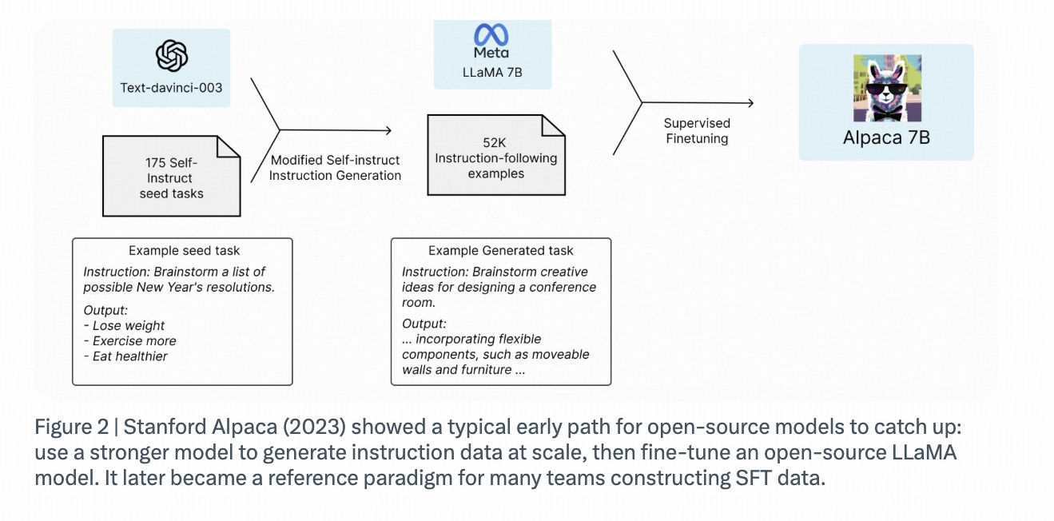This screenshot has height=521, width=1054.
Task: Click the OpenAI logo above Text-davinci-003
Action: tap(172, 55)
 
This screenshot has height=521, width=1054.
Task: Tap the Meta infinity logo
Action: tap(491, 34)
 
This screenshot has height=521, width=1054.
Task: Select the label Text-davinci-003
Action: tap(171, 88)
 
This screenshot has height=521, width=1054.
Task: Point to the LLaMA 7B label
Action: tap(492, 73)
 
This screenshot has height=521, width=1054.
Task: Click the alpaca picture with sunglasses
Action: tap(888, 89)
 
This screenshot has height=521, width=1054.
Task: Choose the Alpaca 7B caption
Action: tap(886, 137)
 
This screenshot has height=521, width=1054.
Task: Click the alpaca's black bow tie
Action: tap(886, 113)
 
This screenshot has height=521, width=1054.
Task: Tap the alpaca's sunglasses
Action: tap(886, 89)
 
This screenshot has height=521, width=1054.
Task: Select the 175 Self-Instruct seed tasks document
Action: tap(172, 177)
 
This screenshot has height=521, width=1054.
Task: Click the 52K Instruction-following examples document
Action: tap(496, 155)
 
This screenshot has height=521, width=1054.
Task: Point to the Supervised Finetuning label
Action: tap(697, 131)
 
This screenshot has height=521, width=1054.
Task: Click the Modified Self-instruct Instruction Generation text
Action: tap(335, 168)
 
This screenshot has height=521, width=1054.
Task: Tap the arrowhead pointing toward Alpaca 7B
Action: tap(751, 102)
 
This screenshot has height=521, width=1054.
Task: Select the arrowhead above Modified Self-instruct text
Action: tap(389, 130)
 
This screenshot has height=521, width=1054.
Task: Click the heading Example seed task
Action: tap(184, 250)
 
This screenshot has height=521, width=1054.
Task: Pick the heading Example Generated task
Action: tap(501, 250)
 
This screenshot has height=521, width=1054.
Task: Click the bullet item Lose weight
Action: tap(124, 326)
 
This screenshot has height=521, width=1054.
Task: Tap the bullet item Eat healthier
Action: tap(125, 356)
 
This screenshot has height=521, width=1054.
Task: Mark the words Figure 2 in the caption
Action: tap(72, 427)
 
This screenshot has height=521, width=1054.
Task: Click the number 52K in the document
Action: tap(494, 142)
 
